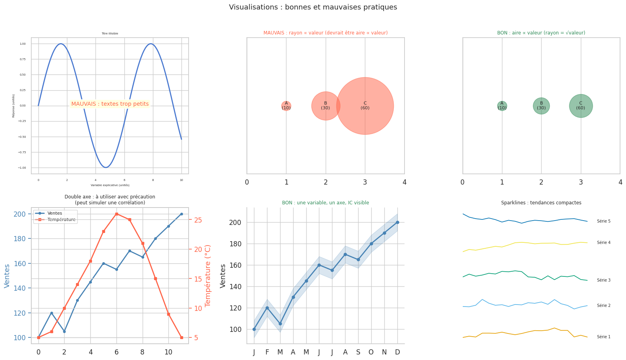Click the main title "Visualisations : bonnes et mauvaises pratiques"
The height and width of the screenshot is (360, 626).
313,8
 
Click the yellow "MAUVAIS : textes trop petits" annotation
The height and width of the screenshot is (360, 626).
110,104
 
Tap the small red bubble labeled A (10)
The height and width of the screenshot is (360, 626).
286,106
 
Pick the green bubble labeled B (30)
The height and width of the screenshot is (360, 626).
541,106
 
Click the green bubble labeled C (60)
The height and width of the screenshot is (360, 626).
581,106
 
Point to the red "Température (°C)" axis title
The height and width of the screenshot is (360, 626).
208,275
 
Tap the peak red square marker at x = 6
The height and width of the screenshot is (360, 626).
116,214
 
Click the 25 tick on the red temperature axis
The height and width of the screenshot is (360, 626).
198,220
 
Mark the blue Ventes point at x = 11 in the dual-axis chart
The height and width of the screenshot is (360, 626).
181,214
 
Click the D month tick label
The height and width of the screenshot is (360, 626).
397,352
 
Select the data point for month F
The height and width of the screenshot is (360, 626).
267,308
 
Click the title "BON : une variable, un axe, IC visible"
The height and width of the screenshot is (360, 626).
325,203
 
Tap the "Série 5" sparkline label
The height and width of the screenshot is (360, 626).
603,221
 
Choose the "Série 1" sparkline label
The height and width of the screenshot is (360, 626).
603,337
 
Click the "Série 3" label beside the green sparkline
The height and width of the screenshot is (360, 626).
603,280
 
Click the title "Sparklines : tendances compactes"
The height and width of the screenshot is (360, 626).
541,203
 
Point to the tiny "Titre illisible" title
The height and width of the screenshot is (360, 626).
110,34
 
